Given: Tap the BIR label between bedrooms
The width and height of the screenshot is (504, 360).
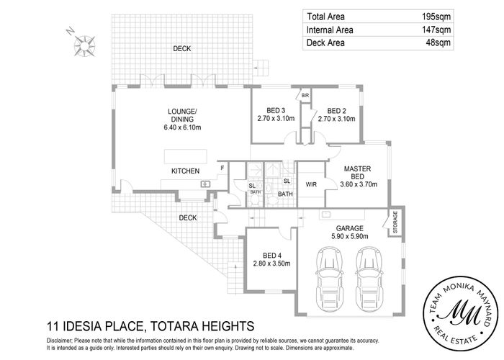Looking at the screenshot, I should pos(305,95).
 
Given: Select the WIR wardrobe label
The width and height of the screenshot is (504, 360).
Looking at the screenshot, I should pos(312,184).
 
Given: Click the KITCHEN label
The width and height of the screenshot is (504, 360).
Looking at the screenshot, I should pos(185,171).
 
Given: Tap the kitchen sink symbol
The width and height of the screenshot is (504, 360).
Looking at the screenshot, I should pos(205,184).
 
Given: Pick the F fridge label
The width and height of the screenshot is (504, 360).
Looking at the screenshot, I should pos(222,168).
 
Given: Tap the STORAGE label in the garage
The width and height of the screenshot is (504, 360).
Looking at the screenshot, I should pos(395,222).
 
